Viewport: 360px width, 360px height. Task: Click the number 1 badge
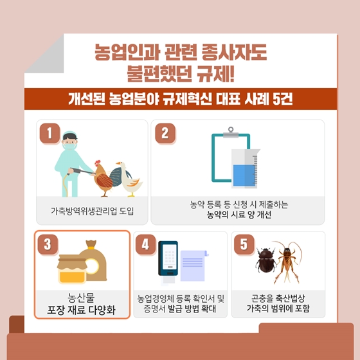50,134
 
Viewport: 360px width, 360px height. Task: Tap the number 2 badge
165,134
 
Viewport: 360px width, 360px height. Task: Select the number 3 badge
48,244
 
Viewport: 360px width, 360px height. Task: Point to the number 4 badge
145,244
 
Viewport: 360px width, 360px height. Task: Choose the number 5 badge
244,244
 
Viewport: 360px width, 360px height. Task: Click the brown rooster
104,179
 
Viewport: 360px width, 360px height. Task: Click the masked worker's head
70,140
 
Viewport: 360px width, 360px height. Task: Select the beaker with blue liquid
245,168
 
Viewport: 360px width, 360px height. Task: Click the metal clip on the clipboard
231,132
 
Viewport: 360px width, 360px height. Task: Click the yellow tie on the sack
91,248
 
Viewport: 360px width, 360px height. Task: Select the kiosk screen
170,257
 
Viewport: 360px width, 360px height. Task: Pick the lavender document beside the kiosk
194,265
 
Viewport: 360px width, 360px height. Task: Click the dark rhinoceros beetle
266,260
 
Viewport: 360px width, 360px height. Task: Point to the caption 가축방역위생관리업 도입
92,211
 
